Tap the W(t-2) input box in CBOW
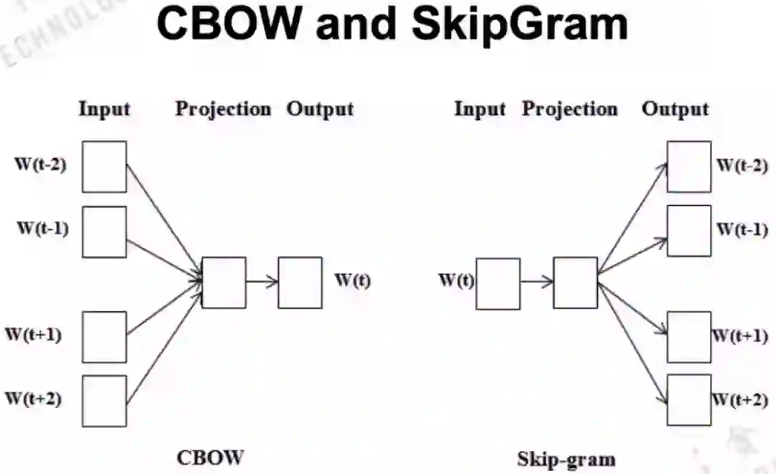coord(104,167)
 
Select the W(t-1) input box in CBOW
coord(104,232)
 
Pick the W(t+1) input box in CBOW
coord(104,337)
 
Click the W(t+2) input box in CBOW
coord(104,401)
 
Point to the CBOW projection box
coord(223,283)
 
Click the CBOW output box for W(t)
coord(300,283)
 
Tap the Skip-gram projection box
coord(575,283)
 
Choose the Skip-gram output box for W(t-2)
coord(689,167)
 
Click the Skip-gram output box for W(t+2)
coord(689,399)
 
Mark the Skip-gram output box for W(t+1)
coord(689,337)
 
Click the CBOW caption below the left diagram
coord(211,457)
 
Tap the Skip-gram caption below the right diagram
coord(566,459)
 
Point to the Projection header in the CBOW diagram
coord(223,109)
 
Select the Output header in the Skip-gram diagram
coord(675,109)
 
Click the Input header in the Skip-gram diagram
coord(480,109)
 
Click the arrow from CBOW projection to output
coord(262,282)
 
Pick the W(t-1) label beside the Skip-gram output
coord(742,230)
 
